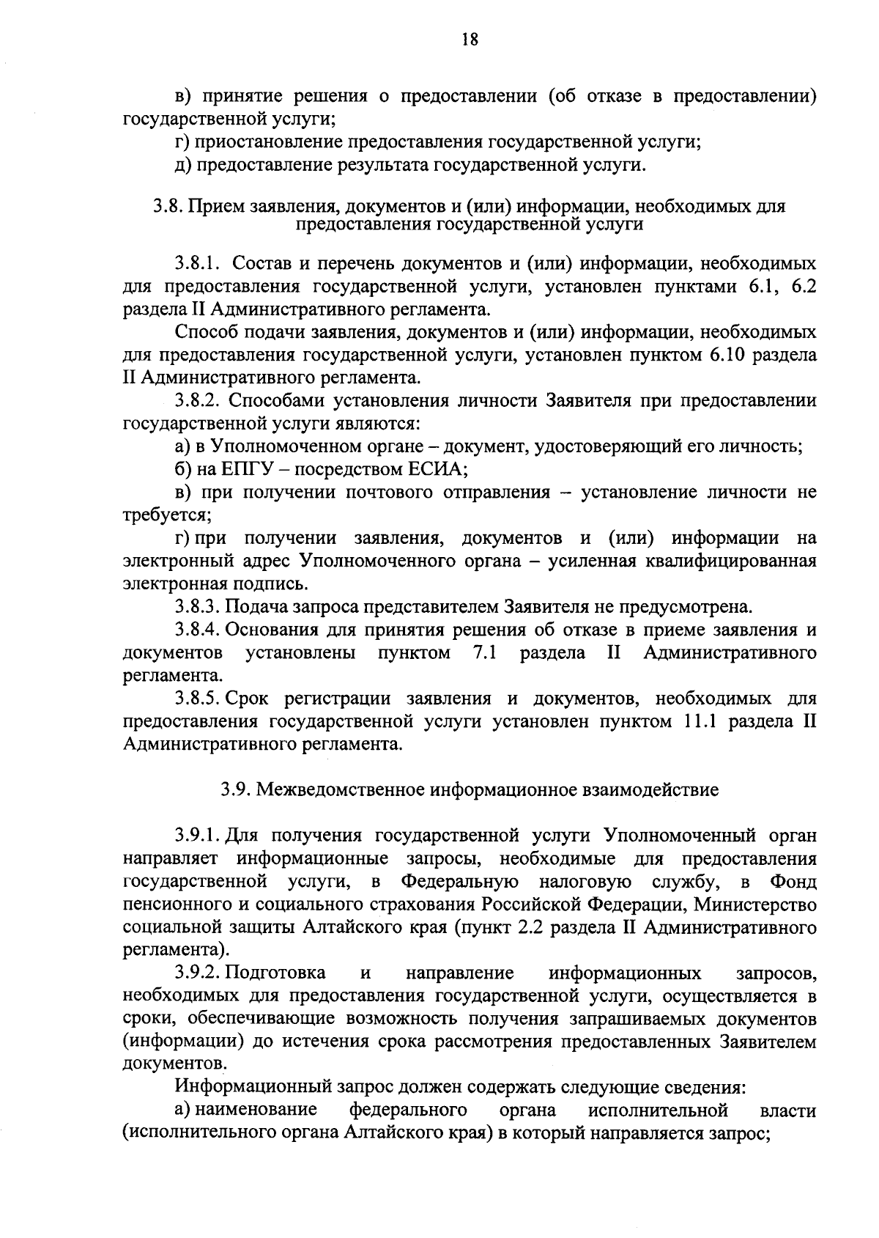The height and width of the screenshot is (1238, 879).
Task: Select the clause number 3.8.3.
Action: (197, 607)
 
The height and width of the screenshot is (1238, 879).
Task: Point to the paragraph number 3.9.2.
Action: (197, 973)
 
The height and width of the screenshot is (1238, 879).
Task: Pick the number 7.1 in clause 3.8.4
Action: (481, 652)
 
